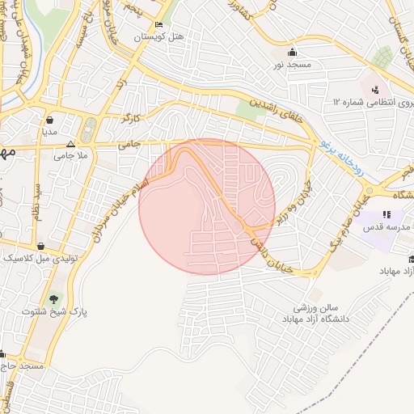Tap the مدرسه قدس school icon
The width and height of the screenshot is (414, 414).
[387, 215]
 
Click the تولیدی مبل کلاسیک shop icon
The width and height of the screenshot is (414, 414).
[40, 246]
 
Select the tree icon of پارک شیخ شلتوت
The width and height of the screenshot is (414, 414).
[54, 300]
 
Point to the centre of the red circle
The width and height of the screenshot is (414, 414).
[207, 207]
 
